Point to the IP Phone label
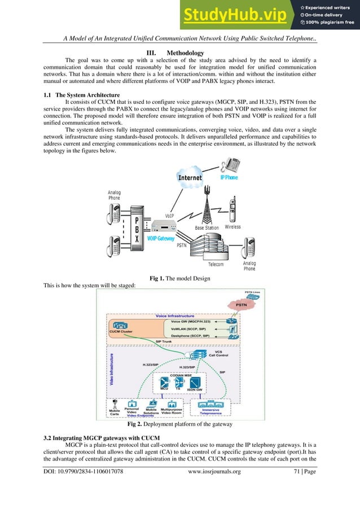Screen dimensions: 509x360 click(x=229, y=177)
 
